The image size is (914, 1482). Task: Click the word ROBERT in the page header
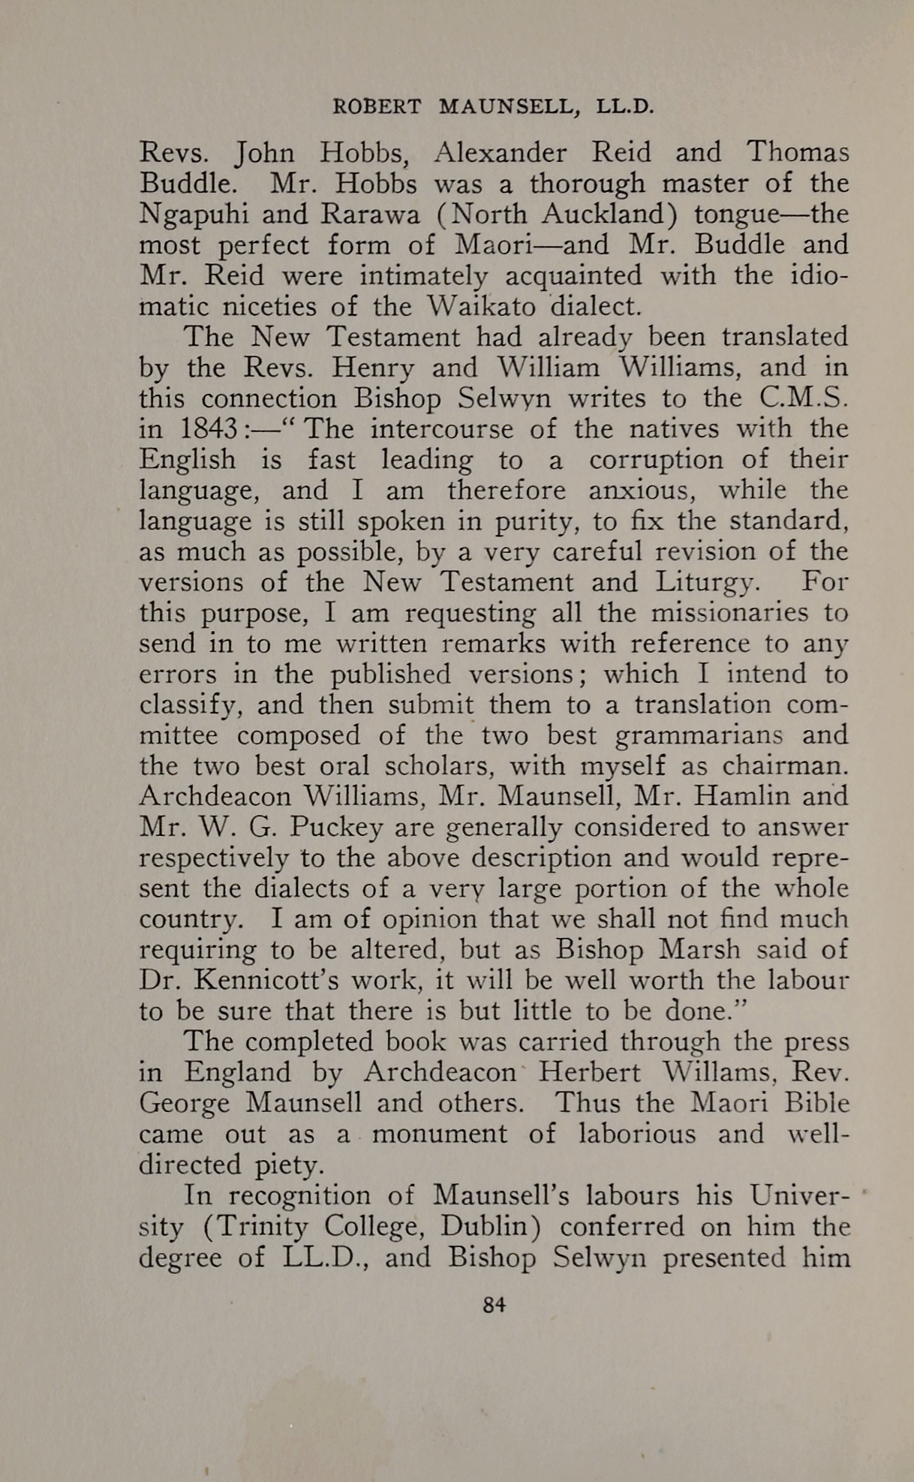[x=377, y=107]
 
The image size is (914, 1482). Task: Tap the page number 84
[x=494, y=1304]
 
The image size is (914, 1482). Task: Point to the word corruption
[x=655, y=459]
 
